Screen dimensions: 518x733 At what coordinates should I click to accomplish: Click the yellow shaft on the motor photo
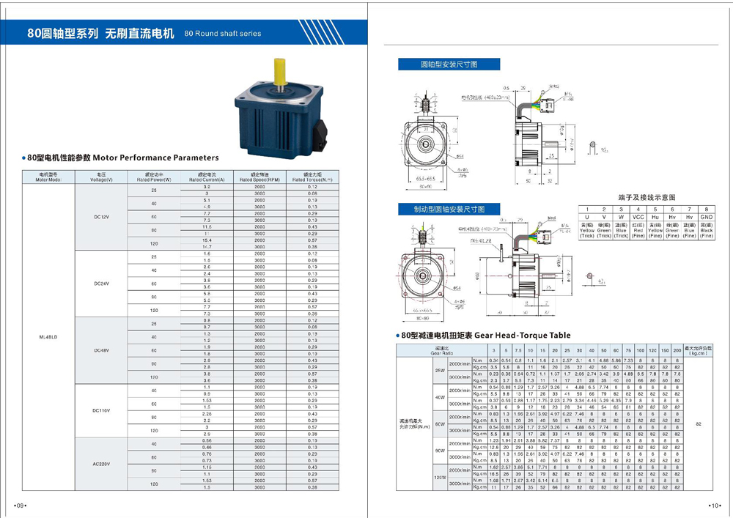click(x=279, y=71)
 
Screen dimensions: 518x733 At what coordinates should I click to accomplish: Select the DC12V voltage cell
click(x=101, y=217)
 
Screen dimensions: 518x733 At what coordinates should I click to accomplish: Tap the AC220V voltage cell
click(x=101, y=463)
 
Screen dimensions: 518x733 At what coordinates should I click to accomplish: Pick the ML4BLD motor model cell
click(x=48, y=336)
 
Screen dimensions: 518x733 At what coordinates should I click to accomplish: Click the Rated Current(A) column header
click(x=206, y=177)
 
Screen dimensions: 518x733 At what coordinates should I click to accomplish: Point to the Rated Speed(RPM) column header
click(x=259, y=177)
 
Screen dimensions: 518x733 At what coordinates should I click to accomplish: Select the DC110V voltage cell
click(x=101, y=410)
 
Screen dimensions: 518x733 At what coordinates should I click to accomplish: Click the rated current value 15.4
click(x=207, y=240)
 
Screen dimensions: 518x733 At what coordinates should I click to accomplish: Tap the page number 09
click(x=21, y=506)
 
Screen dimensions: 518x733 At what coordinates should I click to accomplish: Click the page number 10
click(x=715, y=506)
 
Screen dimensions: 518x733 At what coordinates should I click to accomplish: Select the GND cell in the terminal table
click(x=707, y=218)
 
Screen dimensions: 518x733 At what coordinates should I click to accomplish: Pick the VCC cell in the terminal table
click(x=638, y=218)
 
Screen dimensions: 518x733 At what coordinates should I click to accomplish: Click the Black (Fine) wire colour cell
click(x=707, y=232)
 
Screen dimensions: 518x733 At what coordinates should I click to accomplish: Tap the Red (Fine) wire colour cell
click(x=638, y=232)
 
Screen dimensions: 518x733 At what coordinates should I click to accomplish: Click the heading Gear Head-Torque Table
click(x=522, y=336)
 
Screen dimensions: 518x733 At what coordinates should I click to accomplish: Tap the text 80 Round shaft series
click(x=223, y=34)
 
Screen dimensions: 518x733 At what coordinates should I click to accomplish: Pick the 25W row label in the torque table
click(x=440, y=370)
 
